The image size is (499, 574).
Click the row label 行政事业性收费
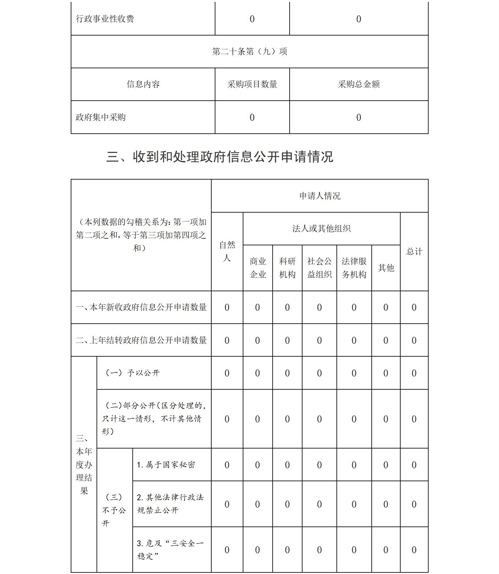[x=105, y=19]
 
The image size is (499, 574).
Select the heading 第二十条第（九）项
[x=250, y=52]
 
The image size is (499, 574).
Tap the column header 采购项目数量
[x=252, y=84]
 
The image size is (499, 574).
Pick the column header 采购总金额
[x=359, y=84]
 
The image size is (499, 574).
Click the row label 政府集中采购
[x=101, y=117]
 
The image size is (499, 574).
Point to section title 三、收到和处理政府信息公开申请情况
[x=219, y=157]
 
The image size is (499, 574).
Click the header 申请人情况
[x=320, y=196]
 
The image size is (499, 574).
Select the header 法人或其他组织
[x=321, y=229]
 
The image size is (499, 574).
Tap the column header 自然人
[x=227, y=251]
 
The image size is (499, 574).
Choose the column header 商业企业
[x=258, y=268]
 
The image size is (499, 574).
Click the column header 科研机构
[x=287, y=268]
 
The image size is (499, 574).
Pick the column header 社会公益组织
[x=319, y=268]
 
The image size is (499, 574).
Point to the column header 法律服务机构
[x=354, y=268]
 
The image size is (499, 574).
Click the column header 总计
[x=414, y=251]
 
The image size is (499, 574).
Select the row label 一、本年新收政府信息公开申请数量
[x=141, y=307]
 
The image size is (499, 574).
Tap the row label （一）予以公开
[x=132, y=373]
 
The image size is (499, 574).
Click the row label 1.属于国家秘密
[x=166, y=465]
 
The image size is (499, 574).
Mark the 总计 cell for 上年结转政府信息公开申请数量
[x=414, y=340]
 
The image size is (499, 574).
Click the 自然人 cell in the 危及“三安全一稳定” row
[x=227, y=550]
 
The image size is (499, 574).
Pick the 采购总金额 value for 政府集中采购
[x=359, y=117]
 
